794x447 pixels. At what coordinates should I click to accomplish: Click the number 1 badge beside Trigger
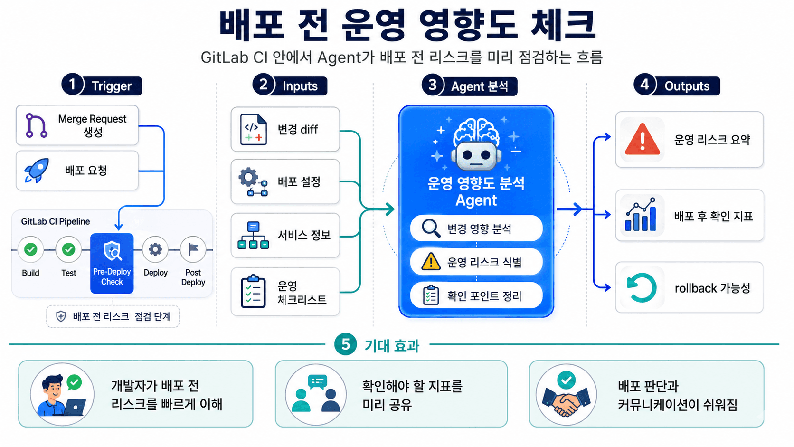click(x=72, y=85)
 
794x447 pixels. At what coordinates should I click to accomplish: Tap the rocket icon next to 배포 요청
click(x=37, y=170)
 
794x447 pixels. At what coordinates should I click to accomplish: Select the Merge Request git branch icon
click(x=36, y=125)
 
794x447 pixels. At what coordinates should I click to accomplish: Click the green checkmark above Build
click(x=31, y=249)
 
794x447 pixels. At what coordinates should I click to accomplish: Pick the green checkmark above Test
click(x=68, y=249)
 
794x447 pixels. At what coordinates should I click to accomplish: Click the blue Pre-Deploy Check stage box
click(x=112, y=263)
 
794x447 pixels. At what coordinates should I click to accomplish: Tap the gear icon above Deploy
click(x=155, y=249)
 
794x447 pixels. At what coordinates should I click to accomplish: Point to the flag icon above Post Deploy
click(x=193, y=249)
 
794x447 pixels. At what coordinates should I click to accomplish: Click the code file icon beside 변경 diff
click(x=253, y=129)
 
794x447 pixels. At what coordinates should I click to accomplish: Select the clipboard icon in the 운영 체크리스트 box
click(x=253, y=291)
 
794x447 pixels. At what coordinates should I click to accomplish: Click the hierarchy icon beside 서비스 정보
click(x=253, y=235)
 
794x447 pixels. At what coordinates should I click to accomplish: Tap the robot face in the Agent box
click(x=476, y=156)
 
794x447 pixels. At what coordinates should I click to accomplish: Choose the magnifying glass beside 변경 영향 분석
click(x=431, y=228)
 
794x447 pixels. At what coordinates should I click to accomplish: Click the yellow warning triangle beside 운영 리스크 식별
click(x=431, y=262)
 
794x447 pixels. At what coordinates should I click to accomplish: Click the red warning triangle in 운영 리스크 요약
click(x=643, y=139)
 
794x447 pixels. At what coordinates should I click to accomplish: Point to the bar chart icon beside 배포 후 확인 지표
click(x=641, y=215)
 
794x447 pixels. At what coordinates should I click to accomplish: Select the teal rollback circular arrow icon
click(x=642, y=287)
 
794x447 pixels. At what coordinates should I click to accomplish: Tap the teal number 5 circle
click(x=345, y=344)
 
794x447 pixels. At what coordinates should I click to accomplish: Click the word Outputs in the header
click(x=687, y=86)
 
